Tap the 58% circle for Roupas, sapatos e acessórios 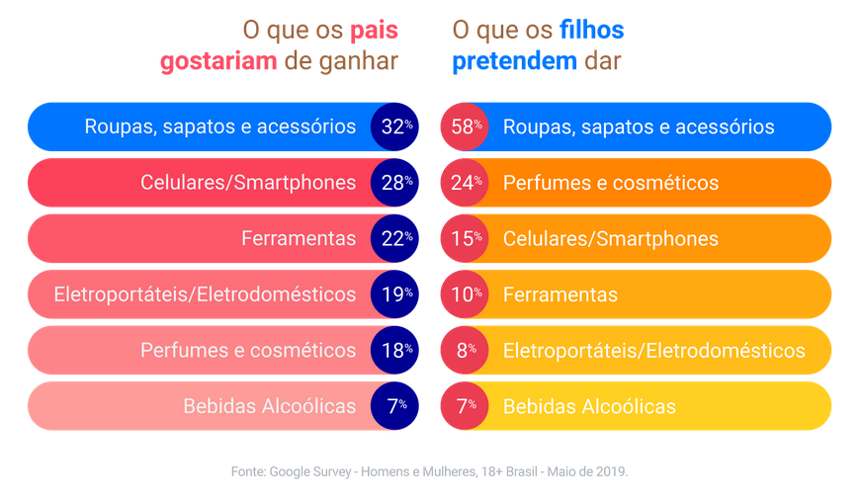[x=465, y=126]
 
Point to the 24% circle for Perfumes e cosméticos [x=465, y=183]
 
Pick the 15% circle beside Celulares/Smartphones [x=465, y=238]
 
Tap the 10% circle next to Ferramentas [x=465, y=293]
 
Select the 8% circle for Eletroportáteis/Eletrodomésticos [x=465, y=350]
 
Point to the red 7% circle [x=465, y=405]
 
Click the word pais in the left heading [x=374, y=31]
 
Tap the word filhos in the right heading [x=591, y=31]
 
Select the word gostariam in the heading [x=218, y=61]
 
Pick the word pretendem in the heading [x=514, y=61]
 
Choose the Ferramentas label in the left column [x=299, y=238]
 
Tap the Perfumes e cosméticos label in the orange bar [x=610, y=183]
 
